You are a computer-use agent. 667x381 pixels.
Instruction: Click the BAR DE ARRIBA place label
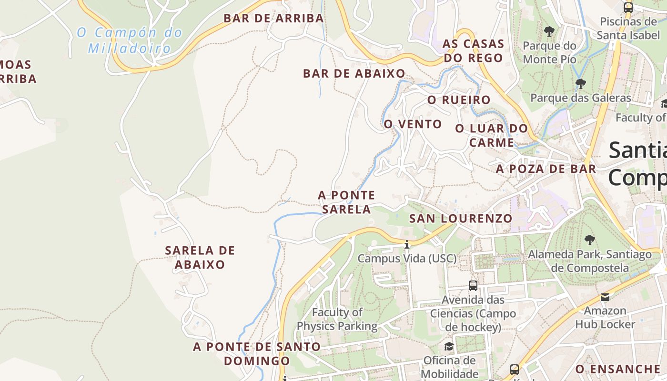[273, 19]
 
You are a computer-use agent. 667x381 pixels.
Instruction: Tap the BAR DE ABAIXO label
[354, 74]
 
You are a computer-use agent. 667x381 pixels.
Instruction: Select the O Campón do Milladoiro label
[130, 40]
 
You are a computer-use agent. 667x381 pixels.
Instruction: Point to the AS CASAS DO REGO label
[473, 50]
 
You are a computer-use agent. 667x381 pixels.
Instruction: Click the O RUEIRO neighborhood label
[459, 100]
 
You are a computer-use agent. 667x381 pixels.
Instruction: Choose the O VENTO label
[413, 124]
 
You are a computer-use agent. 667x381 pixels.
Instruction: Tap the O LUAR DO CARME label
[492, 135]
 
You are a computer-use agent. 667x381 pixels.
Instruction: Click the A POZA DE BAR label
[546, 169]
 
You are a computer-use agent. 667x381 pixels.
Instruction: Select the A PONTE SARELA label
[346, 202]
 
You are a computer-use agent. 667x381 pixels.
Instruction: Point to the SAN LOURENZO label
[461, 219]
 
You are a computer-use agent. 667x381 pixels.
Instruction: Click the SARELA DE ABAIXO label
[200, 257]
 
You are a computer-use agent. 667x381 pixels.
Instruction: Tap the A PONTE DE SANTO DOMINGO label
[257, 353]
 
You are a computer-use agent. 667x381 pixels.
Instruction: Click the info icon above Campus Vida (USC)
[407, 245]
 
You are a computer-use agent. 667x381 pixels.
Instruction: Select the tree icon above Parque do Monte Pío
[549, 32]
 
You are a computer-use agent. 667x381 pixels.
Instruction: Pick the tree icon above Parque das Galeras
[580, 84]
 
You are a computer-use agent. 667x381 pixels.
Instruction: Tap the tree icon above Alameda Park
[589, 240]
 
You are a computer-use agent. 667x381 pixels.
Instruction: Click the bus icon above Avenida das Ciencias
[473, 286]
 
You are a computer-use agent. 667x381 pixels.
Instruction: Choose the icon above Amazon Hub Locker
[605, 297]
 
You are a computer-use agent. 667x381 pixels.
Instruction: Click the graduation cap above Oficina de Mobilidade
[449, 346]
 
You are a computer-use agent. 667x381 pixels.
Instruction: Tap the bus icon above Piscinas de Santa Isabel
[628, 8]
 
